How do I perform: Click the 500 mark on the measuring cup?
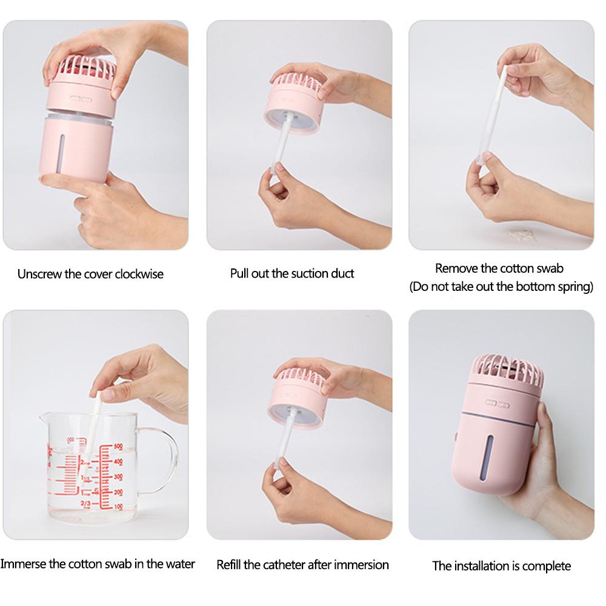tap(118, 447)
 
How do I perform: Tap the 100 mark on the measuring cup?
tap(118, 507)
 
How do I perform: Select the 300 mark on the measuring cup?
tap(118, 477)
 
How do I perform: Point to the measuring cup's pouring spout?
tap(44, 418)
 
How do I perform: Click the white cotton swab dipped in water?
tap(94, 423)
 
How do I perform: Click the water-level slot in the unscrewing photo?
tap(61, 153)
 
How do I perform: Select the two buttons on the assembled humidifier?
tap(498, 404)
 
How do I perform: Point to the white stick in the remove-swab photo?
tap(491, 115)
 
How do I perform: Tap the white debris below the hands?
tap(522, 234)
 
